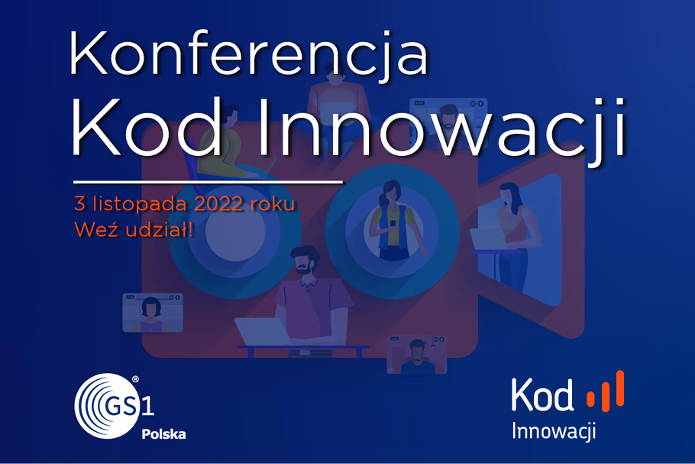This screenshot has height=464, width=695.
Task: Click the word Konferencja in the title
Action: (x=249, y=54)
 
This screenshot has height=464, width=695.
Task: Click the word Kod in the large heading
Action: (x=147, y=128)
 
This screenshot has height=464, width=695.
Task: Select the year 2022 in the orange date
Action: (x=218, y=203)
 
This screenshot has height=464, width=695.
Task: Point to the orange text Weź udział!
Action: (x=134, y=229)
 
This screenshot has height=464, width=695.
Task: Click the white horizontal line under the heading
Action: (x=208, y=181)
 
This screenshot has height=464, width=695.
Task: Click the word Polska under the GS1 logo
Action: (x=163, y=434)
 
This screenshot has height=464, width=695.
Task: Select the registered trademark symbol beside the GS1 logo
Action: (x=135, y=379)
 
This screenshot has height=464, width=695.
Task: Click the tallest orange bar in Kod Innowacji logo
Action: (x=619, y=388)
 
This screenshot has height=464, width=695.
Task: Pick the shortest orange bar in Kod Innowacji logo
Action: (x=590, y=398)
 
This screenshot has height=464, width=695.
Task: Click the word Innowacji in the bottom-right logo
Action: (x=554, y=431)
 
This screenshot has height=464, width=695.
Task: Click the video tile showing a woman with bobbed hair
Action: (x=153, y=313)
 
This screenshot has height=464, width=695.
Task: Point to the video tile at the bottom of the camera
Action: (x=417, y=354)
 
